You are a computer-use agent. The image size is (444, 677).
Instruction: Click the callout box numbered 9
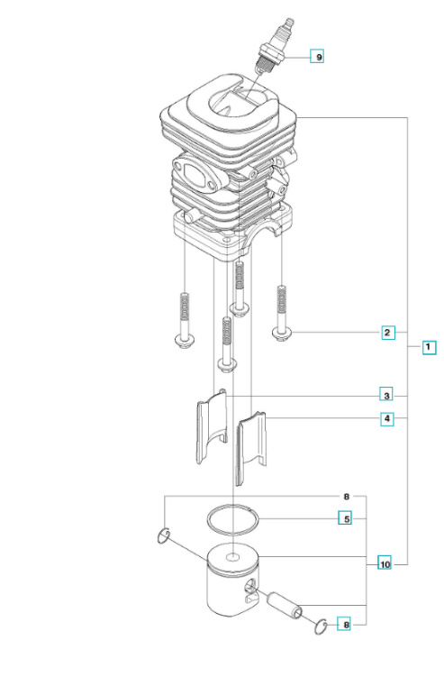coord(316,57)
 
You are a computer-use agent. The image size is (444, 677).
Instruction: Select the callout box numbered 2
coord(387,333)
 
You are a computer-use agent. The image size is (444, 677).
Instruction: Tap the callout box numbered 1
coord(429,346)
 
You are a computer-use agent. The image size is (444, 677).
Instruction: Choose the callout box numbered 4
coord(386,418)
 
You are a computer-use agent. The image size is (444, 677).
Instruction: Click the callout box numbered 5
coord(344,518)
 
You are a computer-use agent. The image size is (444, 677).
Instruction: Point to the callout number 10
coord(385,565)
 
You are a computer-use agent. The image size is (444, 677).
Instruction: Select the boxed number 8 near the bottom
coord(344,624)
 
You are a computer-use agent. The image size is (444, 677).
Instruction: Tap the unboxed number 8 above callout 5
coord(347,497)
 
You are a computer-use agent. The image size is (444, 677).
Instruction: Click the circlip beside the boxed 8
coord(322,625)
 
